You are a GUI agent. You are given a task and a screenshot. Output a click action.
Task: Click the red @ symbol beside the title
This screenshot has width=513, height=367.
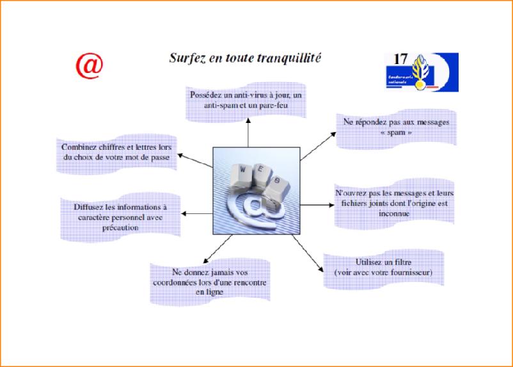[x=90, y=67]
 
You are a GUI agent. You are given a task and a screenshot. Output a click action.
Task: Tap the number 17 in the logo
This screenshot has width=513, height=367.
[x=400, y=59]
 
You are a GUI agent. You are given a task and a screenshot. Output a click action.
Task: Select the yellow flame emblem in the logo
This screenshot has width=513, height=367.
[x=420, y=72]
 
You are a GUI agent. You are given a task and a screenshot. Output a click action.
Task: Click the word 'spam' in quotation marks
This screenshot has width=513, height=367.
[x=396, y=133]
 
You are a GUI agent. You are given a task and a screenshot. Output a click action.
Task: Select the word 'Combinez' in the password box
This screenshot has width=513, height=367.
[x=77, y=147]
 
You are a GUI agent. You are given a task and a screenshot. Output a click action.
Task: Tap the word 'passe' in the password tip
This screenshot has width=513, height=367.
[x=161, y=158]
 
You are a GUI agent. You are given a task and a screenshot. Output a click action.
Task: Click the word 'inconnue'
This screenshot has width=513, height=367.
[x=394, y=213]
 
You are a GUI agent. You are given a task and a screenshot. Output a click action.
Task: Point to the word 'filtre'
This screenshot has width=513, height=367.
[x=404, y=263]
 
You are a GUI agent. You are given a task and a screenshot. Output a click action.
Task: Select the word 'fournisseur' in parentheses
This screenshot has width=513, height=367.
[x=412, y=273]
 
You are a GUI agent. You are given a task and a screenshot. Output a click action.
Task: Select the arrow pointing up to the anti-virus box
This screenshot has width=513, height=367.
[x=248, y=133]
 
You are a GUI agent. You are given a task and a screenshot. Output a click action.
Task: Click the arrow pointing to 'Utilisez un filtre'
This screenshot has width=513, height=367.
[x=308, y=253]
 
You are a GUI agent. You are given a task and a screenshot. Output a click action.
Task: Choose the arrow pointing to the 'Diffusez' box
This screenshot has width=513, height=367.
[x=197, y=214]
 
